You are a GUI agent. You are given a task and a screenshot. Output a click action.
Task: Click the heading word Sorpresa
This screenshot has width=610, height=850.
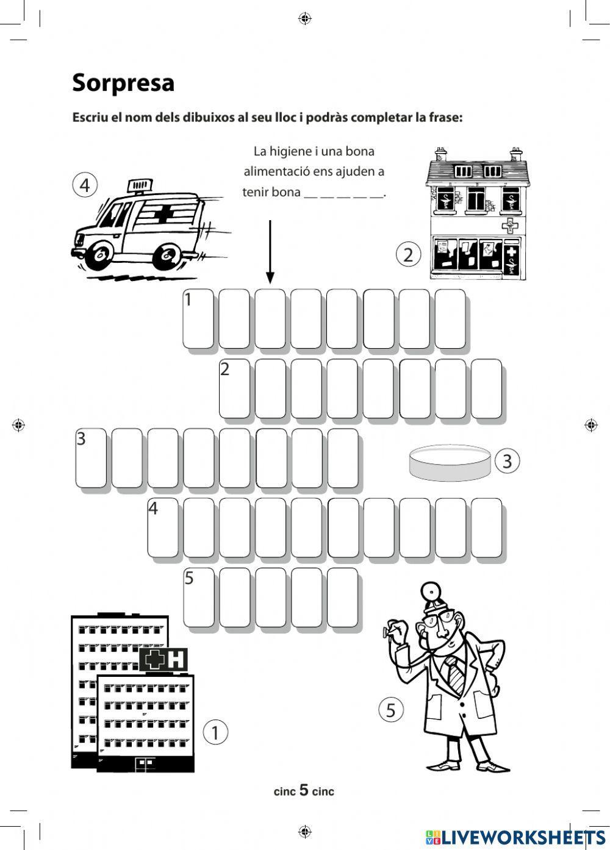coord(123,83)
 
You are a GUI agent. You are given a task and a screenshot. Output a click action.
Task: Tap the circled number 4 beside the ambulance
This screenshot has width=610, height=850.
coord(85,184)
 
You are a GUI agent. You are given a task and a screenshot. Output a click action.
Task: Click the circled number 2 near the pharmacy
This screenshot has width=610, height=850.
coord(408,254)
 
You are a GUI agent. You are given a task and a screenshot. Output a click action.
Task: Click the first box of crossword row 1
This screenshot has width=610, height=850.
coord(198,320)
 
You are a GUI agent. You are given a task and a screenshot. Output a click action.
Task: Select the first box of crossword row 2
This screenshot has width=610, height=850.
coord(234,389)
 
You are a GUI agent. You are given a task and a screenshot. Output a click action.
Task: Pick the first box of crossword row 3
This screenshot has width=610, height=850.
coord(90,459)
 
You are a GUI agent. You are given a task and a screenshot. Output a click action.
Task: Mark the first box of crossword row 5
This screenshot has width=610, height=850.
coord(198,597)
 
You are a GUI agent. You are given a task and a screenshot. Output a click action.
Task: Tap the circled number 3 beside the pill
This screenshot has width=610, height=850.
coord(507,461)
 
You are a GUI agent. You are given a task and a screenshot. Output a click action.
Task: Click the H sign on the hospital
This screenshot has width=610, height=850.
coord(176,659)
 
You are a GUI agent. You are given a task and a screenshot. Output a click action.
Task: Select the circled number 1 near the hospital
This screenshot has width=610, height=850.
coord(215,732)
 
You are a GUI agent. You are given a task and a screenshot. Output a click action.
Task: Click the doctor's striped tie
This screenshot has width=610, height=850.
coord(455,673)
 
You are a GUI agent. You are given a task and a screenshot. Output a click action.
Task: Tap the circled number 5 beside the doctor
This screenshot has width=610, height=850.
coord(391,710)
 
